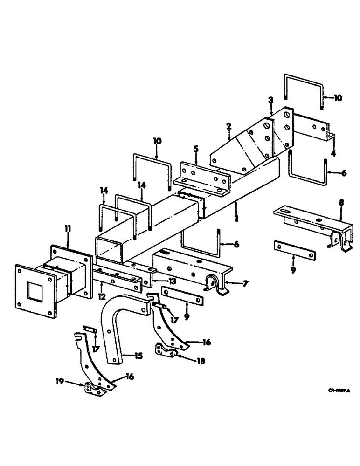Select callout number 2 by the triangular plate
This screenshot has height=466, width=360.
point(228,126)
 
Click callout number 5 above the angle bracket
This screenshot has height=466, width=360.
point(196,150)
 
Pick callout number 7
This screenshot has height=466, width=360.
point(246,282)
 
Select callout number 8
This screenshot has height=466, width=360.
point(341,203)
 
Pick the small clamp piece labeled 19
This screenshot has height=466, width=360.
point(94,391)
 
